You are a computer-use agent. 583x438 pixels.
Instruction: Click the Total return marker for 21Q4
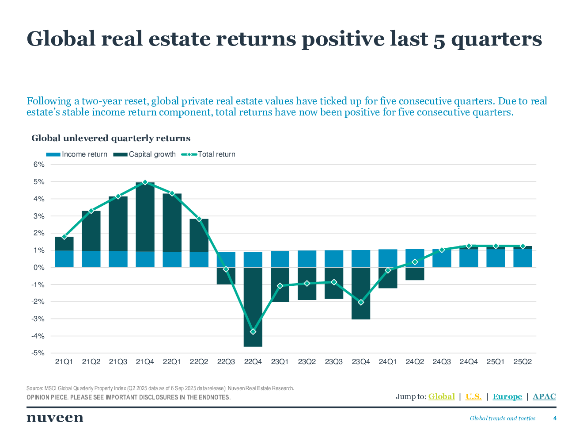(145, 182)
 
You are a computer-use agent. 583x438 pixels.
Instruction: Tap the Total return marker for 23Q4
(361, 302)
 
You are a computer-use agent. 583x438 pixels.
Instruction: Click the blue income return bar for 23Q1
(280, 259)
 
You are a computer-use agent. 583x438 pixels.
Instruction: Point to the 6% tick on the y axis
(38, 165)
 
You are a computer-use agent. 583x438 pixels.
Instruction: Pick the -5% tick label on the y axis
(38, 353)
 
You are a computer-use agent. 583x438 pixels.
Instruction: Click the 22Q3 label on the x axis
(226, 362)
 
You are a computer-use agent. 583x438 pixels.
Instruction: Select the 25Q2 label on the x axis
(522, 362)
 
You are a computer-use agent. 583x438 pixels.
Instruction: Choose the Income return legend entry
(77, 154)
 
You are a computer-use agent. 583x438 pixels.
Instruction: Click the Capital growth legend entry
(145, 154)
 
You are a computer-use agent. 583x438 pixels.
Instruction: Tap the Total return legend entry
(208, 154)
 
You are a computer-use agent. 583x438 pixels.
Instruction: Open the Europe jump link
(507, 396)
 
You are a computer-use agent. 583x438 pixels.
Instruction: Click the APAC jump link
(544, 396)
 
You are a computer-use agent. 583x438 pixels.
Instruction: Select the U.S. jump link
(473, 396)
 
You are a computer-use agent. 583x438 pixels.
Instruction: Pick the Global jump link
(442, 396)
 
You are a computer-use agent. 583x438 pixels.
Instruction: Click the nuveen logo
(55, 418)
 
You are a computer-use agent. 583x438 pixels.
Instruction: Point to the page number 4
(555, 418)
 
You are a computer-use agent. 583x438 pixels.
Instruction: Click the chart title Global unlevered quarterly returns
(111, 138)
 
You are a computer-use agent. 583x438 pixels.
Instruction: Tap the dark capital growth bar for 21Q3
(118, 223)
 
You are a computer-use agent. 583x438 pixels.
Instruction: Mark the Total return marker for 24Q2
(415, 262)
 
